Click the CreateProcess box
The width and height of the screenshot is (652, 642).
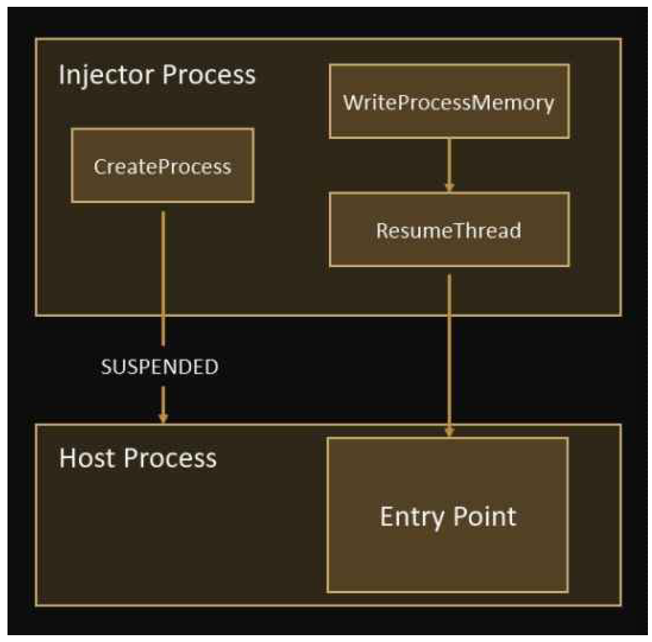click(x=162, y=166)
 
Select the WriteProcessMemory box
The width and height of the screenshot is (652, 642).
click(x=449, y=102)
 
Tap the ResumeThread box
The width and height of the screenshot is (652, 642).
click(x=449, y=230)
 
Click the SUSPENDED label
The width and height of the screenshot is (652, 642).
click(x=160, y=367)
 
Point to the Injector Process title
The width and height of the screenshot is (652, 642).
click(x=157, y=75)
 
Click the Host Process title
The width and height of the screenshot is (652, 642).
click(x=138, y=458)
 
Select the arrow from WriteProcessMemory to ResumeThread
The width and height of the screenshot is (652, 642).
click(x=449, y=162)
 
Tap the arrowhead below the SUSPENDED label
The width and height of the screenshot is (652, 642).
click(x=162, y=416)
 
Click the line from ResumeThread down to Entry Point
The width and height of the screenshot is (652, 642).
click(x=449, y=348)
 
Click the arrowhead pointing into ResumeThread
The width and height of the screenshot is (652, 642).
click(x=449, y=186)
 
